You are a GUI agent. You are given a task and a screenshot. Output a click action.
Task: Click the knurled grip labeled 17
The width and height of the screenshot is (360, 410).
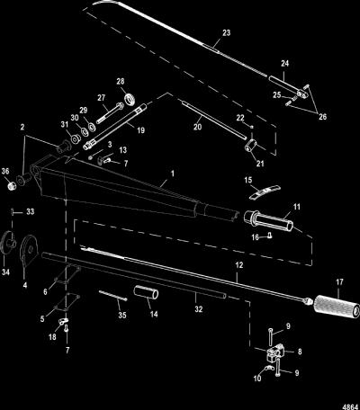(x=337, y=307)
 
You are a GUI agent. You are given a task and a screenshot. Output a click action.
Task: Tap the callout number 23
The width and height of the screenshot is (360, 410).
(x=226, y=32)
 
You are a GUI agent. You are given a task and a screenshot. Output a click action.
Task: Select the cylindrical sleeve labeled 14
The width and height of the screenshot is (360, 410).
(x=146, y=292)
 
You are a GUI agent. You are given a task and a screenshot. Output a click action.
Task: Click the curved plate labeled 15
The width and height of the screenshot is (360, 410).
(x=265, y=192)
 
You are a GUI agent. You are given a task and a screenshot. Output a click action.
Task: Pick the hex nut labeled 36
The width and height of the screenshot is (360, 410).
(x=12, y=187)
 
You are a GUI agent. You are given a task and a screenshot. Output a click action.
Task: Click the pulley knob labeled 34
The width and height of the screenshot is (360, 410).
(x=8, y=243)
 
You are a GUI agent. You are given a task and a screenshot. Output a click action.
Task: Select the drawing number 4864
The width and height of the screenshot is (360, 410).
(x=351, y=407)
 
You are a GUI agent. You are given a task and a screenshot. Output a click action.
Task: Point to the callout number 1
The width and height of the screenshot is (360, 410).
(x=172, y=174)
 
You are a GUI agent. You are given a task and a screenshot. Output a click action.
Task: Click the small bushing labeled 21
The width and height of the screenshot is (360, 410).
(x=252, y=146)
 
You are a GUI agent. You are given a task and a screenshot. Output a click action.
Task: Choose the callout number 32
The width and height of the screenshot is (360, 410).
(x=199, y=309)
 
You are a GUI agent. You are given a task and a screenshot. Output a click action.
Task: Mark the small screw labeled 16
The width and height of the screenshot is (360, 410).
(x=270, y=236)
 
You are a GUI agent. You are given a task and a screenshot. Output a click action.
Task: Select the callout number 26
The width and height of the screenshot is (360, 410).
(x=322, y=116)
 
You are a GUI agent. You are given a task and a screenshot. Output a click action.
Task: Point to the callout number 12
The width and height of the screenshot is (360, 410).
(x=239, y=265)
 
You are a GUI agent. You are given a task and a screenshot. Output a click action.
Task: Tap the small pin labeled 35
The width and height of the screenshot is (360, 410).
(x=113, y=295)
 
